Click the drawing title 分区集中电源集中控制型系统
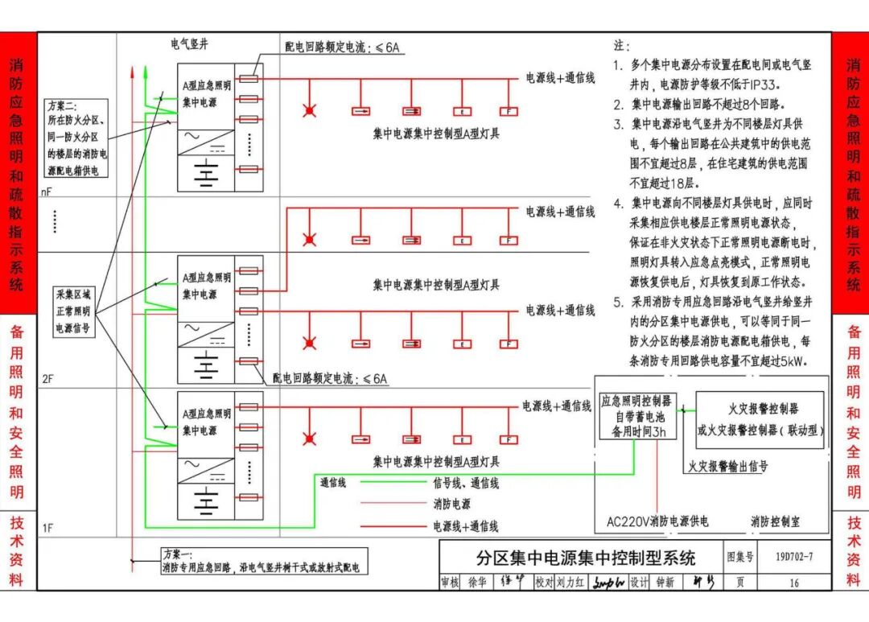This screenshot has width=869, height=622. coord(585,556)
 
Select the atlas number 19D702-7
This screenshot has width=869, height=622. coord(794,556)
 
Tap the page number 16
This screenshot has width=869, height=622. coord(794,583)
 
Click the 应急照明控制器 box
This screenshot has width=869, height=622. coord(638,416)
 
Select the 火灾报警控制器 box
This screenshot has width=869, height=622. coord(760,419)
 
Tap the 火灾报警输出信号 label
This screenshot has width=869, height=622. coord(727,466)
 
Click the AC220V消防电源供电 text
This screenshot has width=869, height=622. coord(657,521)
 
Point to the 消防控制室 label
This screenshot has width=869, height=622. coord(775,521)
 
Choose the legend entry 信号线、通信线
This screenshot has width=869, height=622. coord(466,483)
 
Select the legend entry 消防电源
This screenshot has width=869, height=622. coord(451,505)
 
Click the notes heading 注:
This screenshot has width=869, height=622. coord(621,46)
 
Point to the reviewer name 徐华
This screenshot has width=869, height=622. coord(477,583)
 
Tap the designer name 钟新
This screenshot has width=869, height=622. coord(664,583)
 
